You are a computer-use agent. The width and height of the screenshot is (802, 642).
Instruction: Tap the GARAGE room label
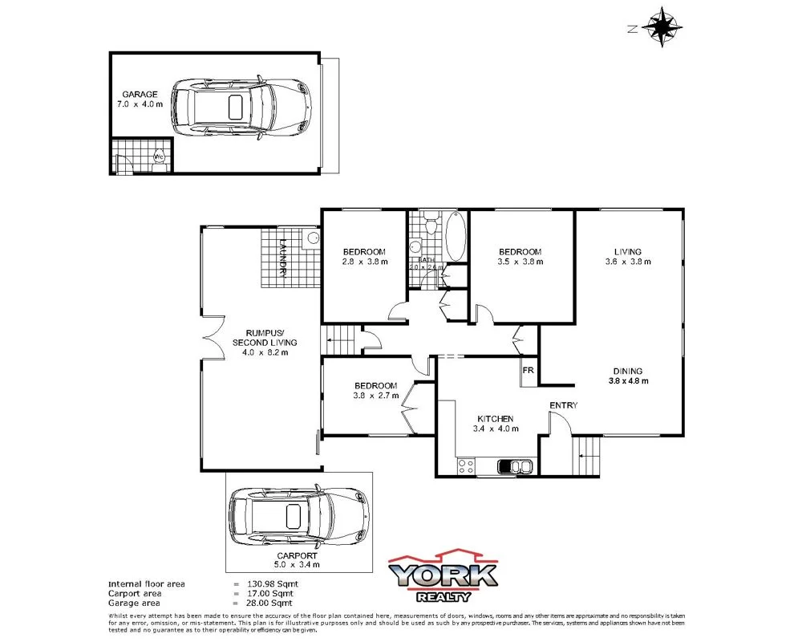click(x=140, y=94)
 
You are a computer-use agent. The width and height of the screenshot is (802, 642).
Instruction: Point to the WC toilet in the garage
click(x=159, y=157)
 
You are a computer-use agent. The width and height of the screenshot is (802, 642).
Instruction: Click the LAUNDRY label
click(x=283, y=258)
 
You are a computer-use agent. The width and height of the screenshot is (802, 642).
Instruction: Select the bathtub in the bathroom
click(x=455, y=236)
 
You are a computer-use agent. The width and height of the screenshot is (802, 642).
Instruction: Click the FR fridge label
click(x=529, y=371)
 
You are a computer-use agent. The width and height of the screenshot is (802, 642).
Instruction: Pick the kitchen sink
click(x=513, y=467)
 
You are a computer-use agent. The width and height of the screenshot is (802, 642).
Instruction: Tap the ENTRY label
click(x=563, y=405)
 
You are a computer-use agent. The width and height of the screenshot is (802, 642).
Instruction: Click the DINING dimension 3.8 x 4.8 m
click(x=628, y=381)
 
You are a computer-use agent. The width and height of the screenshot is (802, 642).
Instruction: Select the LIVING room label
click(x=628, y=250)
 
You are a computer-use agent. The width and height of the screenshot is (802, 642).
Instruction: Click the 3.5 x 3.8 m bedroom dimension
click(x=520, y=262)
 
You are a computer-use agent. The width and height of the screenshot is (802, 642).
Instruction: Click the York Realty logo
click(x=443, y=576)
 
